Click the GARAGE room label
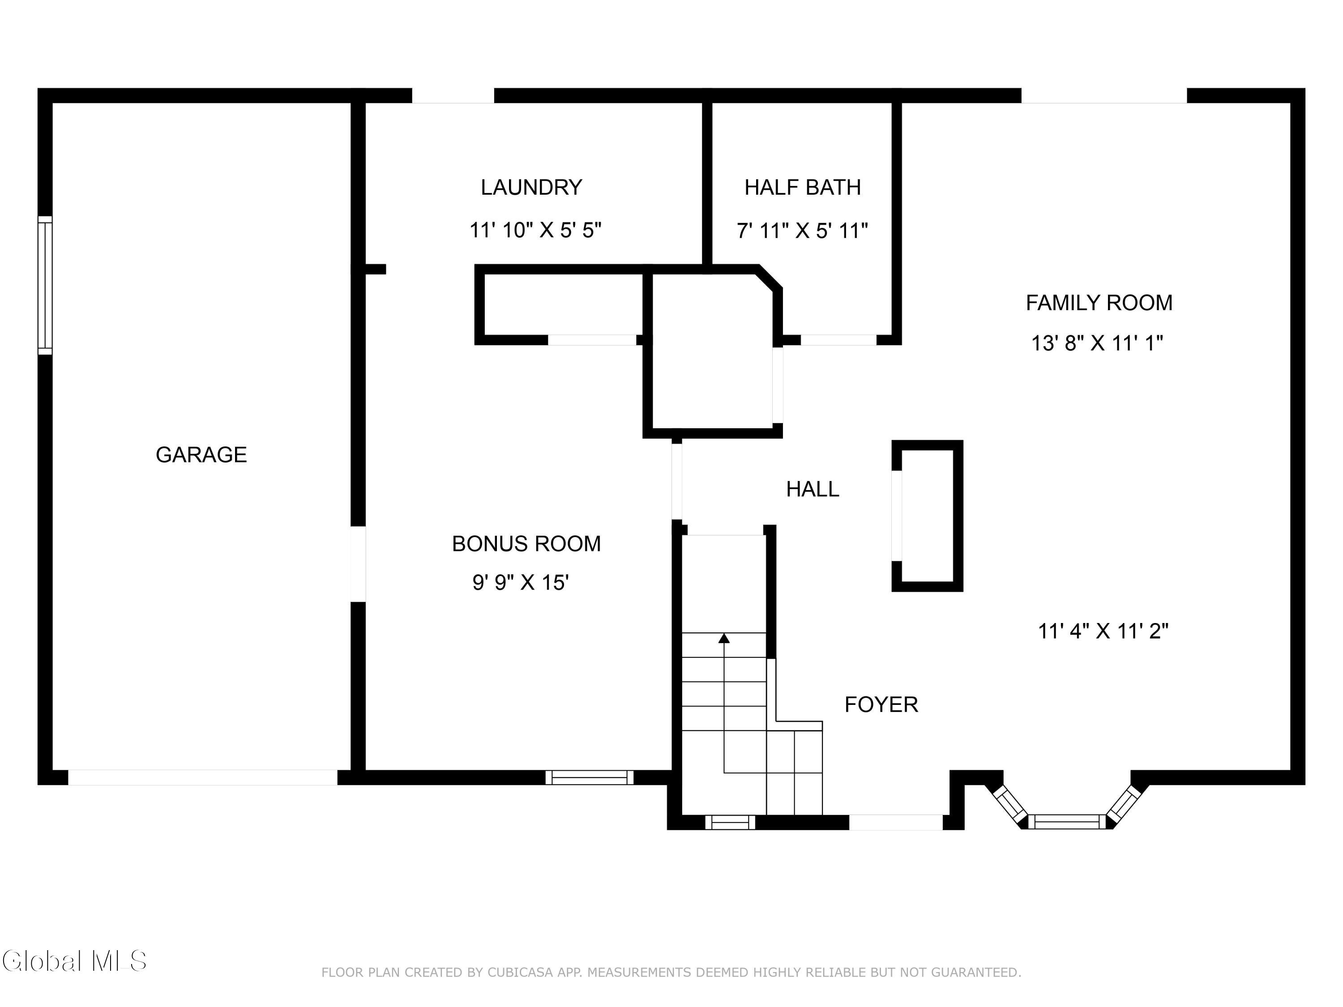[201, 455]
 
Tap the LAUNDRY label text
[531, 187]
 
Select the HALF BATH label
[803, 187]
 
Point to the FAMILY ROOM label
[1099, 302]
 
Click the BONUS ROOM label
[526, 543]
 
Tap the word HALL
[813, 489]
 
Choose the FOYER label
[881, 704]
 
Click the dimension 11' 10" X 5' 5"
[535, 230]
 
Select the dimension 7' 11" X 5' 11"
[802, 230]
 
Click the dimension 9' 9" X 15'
[520, 583]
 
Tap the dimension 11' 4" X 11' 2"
[1103, 631]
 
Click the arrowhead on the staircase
[724, 638]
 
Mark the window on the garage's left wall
[45, 285]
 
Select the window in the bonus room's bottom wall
[589, 777]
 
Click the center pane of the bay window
[1067, 822]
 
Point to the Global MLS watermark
[74, 961]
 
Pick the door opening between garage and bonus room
[358, 564]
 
